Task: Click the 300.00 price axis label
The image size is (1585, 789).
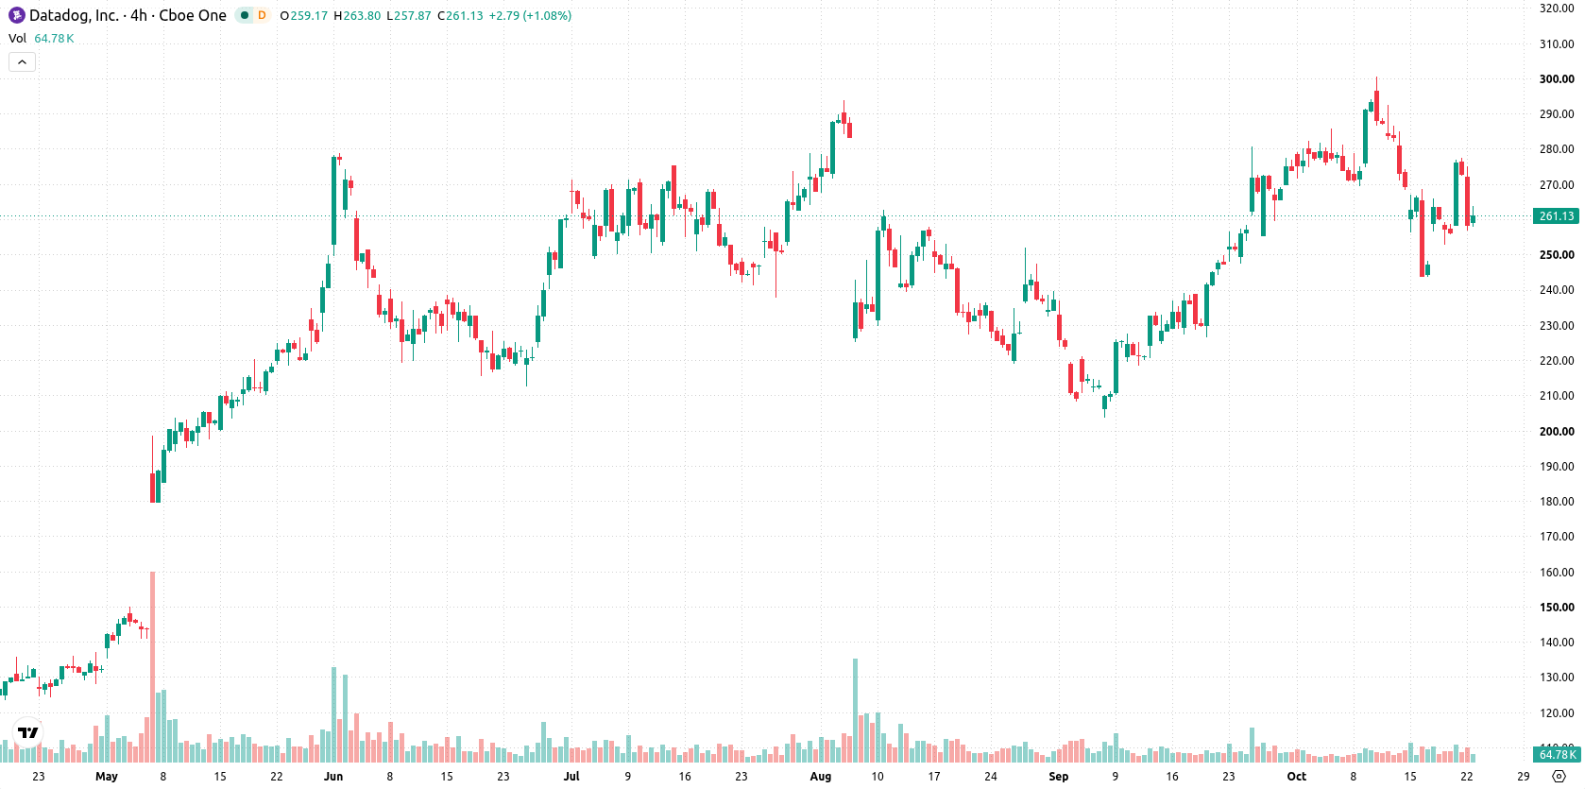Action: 1556,79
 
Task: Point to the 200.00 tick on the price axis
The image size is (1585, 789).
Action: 1556,432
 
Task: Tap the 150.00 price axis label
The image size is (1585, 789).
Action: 1556,608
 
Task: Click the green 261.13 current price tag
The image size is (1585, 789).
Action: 1556,215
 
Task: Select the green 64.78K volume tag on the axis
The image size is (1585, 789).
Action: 1556,754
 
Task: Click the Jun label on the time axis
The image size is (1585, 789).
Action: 333,777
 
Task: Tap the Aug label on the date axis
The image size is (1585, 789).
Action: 820,777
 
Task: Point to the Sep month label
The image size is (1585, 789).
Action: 1058,777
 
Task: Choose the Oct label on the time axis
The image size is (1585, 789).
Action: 1296,777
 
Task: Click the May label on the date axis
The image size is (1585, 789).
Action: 106,777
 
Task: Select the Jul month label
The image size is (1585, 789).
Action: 571,777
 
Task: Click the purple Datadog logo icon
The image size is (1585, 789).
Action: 16,15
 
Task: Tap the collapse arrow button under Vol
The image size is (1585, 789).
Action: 22,62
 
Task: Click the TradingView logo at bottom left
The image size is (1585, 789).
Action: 28,732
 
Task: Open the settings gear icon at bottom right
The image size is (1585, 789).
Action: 1559,777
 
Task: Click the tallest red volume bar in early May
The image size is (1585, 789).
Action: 152,666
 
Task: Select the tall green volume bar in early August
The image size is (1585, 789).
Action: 855,711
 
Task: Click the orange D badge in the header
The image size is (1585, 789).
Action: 262,15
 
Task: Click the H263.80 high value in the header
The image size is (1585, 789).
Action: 357,15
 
